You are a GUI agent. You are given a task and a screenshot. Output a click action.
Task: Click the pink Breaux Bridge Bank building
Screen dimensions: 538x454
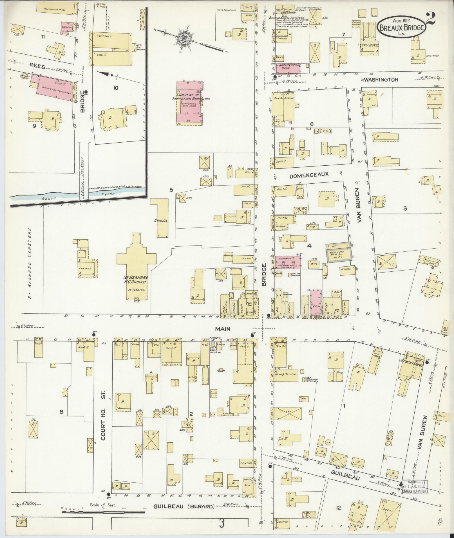288,68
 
